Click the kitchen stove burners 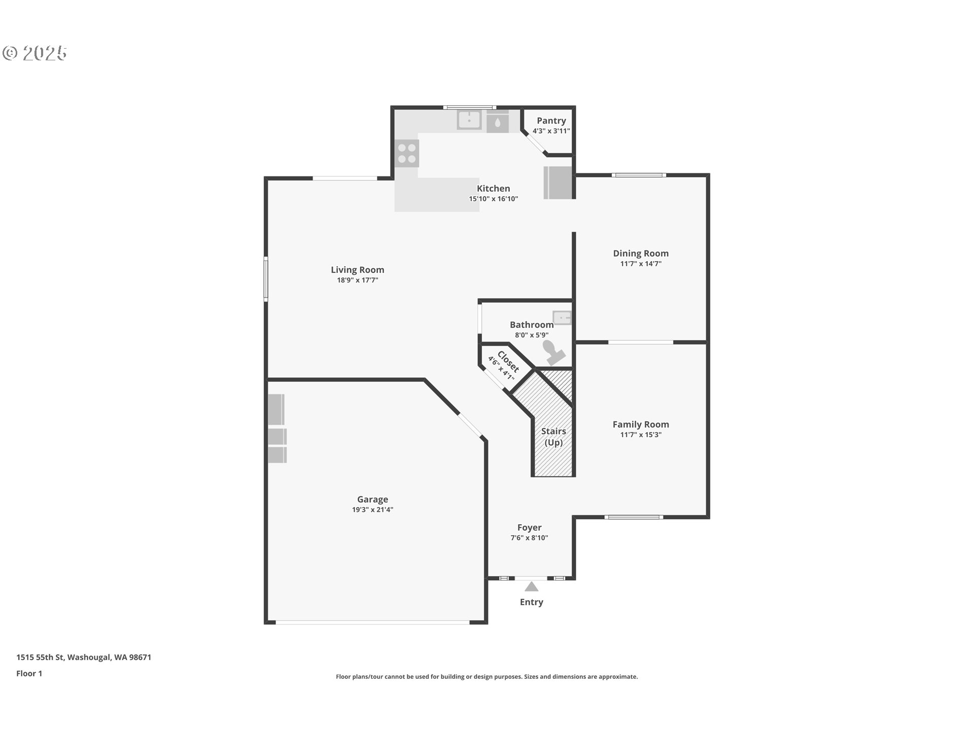coord(407,153)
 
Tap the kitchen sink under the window coord(469,120)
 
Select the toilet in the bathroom coord(553,352)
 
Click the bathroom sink coord(562,318)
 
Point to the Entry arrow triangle coord(531,587)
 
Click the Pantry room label coord(551,121)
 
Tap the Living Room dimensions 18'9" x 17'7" coord(358,280)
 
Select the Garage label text coord(372,499)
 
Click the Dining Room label coord(641,253)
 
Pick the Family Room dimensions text coord(641,434)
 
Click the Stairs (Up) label coord(553,436)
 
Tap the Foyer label coord(530,528)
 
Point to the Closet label coord(508,361)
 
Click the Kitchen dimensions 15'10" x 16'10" coord(494,199)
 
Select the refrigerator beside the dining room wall coord(558,182)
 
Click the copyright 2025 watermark coord(34,53)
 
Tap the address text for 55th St coord(84,658)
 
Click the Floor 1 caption coord(29,674)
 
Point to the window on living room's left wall coord(266,279)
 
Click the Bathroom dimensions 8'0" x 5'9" coord(532,335)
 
